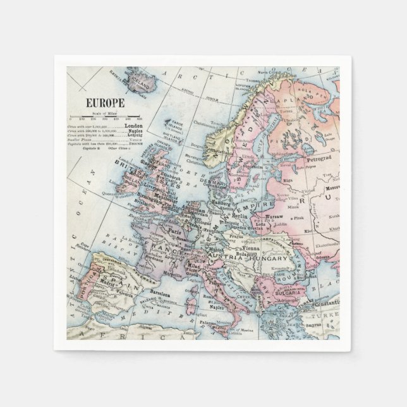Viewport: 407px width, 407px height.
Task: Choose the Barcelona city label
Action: coord(160,295)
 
